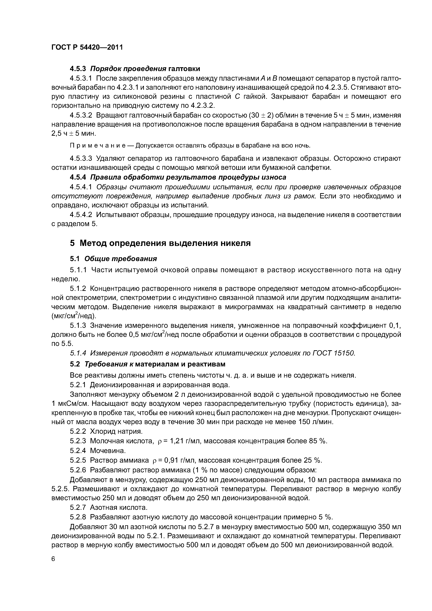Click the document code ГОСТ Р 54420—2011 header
(87, 47)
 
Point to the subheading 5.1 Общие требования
(113, 258)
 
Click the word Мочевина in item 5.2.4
(107, 451)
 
